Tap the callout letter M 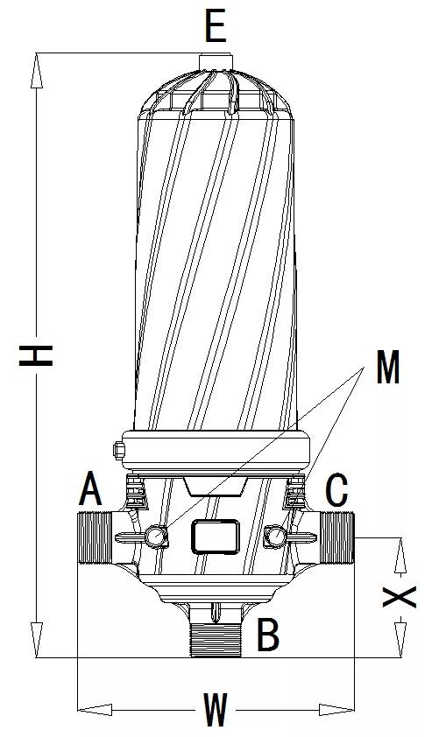click(386, 369)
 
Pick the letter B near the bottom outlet click(268, 635)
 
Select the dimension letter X click(400, 597)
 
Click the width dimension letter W click(216, 709)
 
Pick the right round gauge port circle click(275, 535)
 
